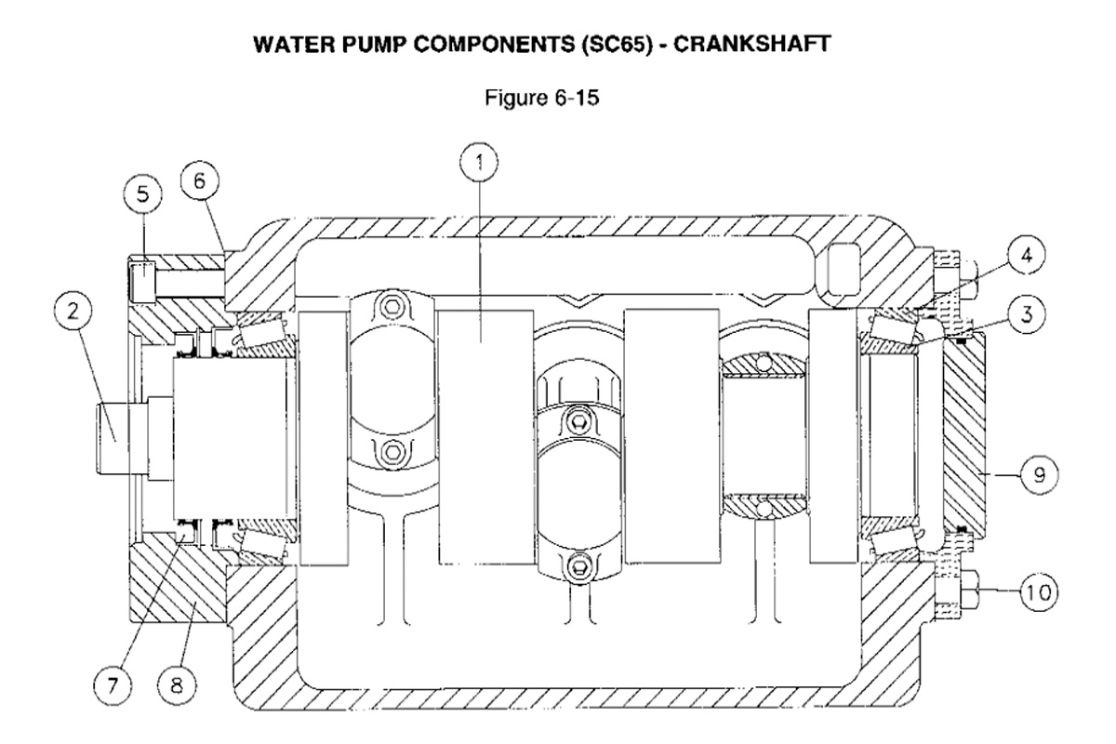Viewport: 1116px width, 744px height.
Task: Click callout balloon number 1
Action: coord(480,165)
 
